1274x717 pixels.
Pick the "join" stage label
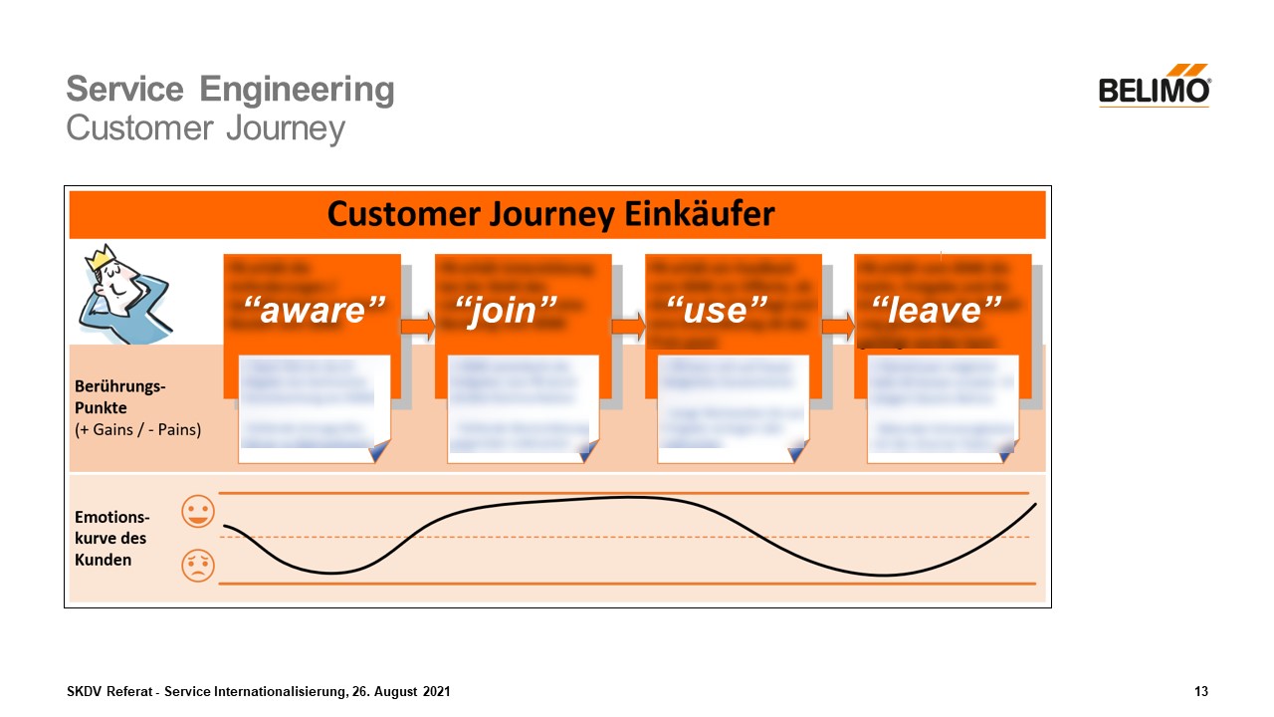[513, 311]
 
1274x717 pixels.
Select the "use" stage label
[717, 311]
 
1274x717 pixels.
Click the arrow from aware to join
[417, 326]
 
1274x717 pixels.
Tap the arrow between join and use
[628, 326]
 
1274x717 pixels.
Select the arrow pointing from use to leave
[838, 326]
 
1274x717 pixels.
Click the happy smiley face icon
[198, 513]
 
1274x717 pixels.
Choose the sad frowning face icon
[198, 566]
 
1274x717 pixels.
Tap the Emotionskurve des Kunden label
[112, 538]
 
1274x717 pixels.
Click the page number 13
[1201, 691]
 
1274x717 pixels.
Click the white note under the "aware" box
[314, 408]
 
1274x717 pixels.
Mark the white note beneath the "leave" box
[943, 408]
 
